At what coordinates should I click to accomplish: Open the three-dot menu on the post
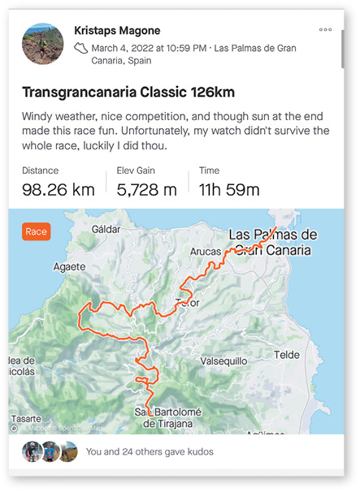pyautogui.click(x=325, y=29)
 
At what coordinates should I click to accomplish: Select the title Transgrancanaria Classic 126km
pyautogui.click(x=129, y=93)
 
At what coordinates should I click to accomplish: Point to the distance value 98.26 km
pyautogui.click(x=59, y=190)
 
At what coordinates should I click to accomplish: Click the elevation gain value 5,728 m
pyautogui.click(x=146, y=190)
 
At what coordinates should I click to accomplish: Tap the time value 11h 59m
pyautogui.click(x=230, y=190)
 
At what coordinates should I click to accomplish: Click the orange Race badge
pyautogui.click(x=37, y=231)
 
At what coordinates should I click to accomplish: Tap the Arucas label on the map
pyautogui.click(x=205, y=252)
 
